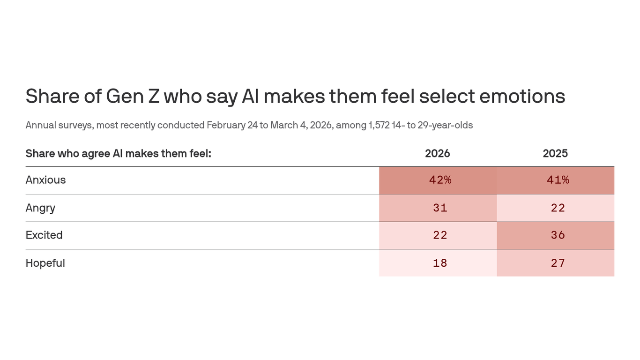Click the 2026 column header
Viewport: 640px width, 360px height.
click(437, 153)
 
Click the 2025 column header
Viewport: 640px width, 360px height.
click(555, 153)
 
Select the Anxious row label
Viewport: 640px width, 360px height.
click(45, 180)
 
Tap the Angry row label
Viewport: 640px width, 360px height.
click(40, 208)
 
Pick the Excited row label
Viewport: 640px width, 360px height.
click(44, 235)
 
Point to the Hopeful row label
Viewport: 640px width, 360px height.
click(45, 263)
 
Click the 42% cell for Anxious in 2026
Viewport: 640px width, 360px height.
click(440, 180)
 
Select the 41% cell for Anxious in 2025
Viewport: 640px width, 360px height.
click(558, 180)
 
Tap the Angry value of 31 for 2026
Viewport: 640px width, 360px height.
click(440, 208)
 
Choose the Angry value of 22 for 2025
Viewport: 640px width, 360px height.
click(558, 208)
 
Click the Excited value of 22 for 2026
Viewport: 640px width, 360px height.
click(440, 235)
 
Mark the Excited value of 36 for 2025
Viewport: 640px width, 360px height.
click(558, 235)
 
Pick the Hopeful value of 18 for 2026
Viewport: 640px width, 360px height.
click(440, 263)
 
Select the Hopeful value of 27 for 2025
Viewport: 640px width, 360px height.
click(558, 263)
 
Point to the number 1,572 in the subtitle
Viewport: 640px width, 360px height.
click(379, 125)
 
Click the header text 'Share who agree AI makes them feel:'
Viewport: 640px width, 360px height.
click(118, 153)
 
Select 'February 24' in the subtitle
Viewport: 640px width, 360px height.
click(231, 125)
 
